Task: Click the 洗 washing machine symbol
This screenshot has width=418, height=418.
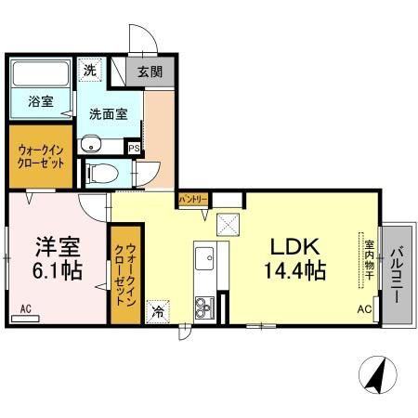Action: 89,70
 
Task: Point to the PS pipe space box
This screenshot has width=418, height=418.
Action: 134,147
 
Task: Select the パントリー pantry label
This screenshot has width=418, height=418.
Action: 193,199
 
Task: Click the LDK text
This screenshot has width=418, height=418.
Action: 294,247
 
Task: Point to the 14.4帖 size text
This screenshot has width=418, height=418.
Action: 296,271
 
